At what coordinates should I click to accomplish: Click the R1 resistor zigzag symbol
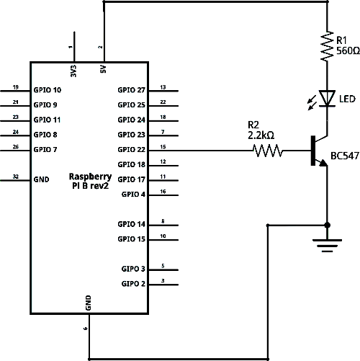(x=328, y=46)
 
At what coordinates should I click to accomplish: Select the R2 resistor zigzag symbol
(x=268, y=151)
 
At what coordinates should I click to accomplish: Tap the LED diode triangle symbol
(x=327, y=98)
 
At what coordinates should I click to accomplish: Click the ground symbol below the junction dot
(x=327, y=246)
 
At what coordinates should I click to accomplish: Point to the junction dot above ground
(x=327, y=225)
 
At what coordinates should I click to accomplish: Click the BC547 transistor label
(x=345, y=156)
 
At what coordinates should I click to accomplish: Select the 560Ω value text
(x=348, y=50)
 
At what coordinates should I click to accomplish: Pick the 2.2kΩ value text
(x=261, y=135)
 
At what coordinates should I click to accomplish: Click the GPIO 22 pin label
(x=131, y=150)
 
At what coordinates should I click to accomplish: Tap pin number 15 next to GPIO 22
(x=163, y=147)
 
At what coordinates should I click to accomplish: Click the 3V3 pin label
(x=73, y=71)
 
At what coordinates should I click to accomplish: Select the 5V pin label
(x=103, y=69)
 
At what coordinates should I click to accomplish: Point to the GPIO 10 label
(x=48, y=90)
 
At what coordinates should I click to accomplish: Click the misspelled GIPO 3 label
(x=133, y=269)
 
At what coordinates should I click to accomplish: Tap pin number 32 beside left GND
(x=16, y=177)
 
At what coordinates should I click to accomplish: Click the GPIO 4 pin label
(x=133, y=195)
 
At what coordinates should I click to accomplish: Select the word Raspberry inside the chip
(x=90, y=177)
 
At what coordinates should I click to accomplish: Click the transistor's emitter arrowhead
(x=323, y=163)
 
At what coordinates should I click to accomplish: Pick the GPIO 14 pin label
(x=131, y=224)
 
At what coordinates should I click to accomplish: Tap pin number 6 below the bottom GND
(x=86, y=329)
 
